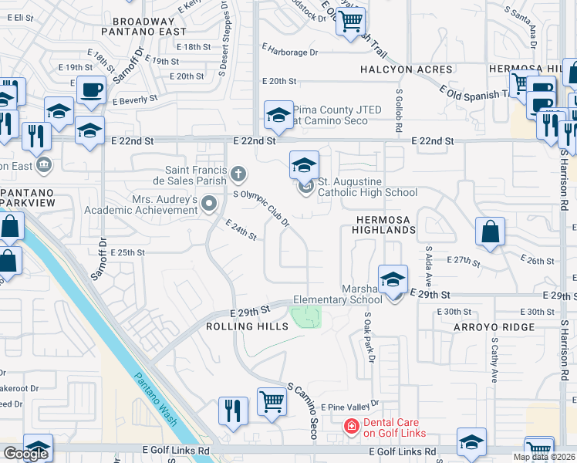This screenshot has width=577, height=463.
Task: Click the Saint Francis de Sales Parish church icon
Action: [x=238, y=174]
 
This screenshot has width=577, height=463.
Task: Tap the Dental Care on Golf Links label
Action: [x=394, y=427]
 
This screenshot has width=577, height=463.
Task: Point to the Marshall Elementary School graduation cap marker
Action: [x=393, y=279]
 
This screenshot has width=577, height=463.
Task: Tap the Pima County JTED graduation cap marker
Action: [x=278, y=116]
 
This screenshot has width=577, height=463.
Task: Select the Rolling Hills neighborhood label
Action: [x=247, y=326]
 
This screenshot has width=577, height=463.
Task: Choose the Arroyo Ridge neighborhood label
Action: [x=486, y=327]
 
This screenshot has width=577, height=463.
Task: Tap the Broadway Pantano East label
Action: [x=149, y=27]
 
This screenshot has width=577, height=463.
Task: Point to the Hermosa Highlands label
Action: [x=386, y=225]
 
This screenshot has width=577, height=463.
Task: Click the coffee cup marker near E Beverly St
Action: [x=91, y=89]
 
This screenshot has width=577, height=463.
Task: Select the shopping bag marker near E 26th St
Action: [x=490, y=233]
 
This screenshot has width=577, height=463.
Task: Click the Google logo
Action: [x=25, y=454]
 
